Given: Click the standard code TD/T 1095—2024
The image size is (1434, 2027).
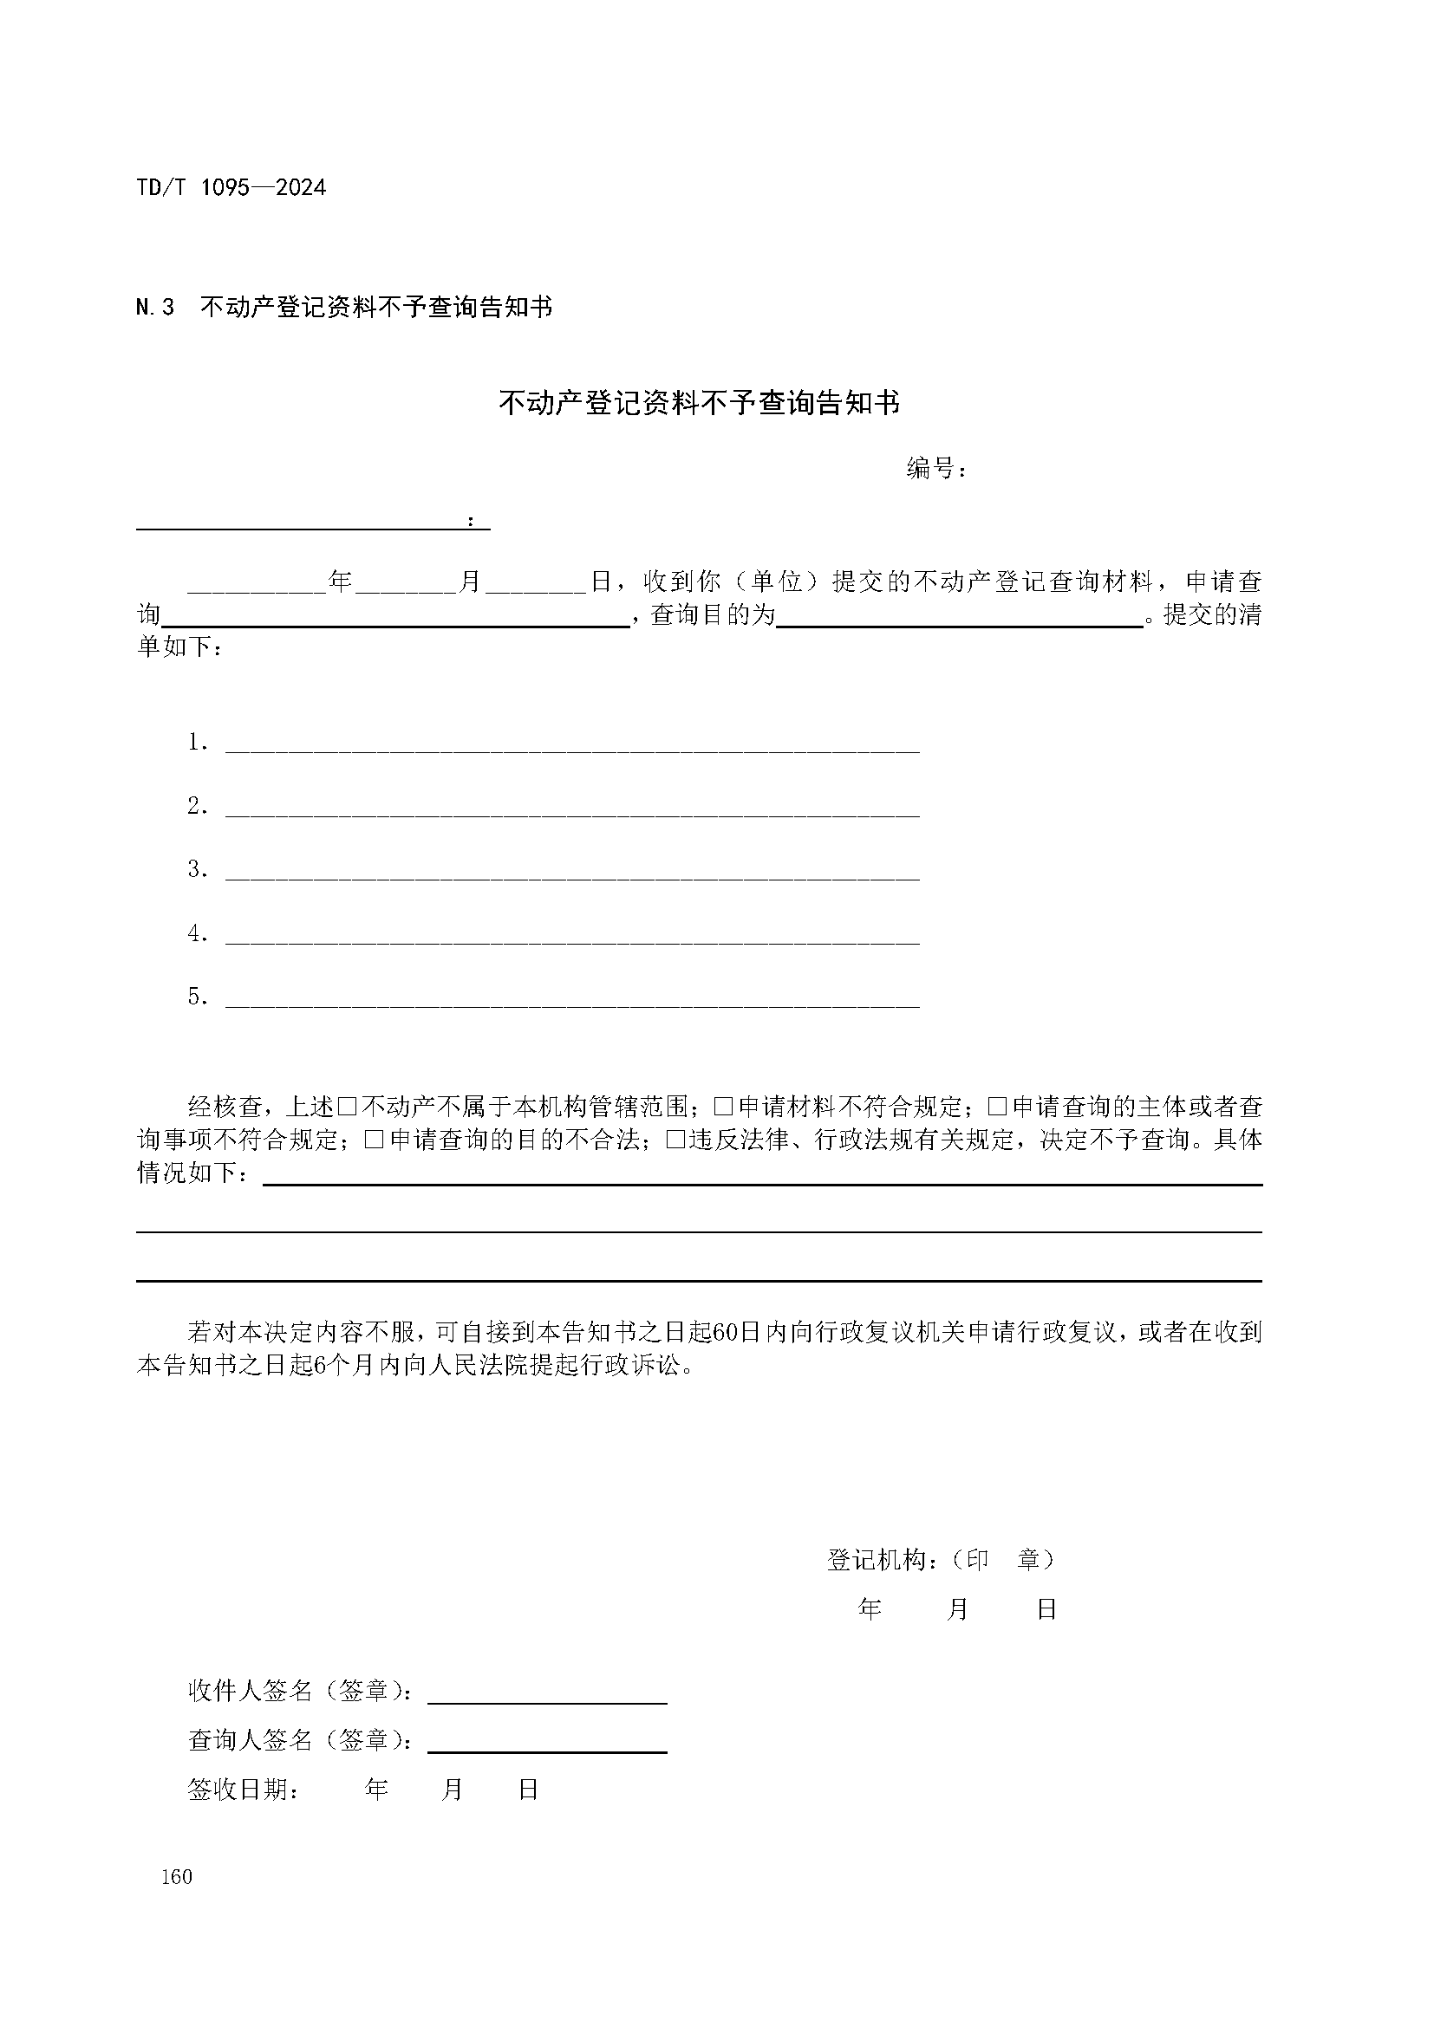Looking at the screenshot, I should [231, 188].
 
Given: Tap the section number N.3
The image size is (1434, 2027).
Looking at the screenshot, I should [155, 308].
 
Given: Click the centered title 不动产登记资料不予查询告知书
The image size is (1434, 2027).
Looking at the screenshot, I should [700, 404].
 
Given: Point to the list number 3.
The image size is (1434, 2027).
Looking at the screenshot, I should [196, 869].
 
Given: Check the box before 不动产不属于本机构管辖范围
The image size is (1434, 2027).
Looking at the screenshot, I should [347, 1107].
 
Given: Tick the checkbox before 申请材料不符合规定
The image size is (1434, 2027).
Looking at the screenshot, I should [723, 1107].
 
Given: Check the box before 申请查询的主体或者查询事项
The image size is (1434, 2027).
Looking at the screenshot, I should [997, 1107].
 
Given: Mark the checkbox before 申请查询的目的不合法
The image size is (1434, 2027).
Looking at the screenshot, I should [374, 1140].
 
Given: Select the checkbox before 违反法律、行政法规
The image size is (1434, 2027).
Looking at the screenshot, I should [675, 1140].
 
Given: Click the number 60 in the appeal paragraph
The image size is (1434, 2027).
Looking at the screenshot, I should [724, 1333].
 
